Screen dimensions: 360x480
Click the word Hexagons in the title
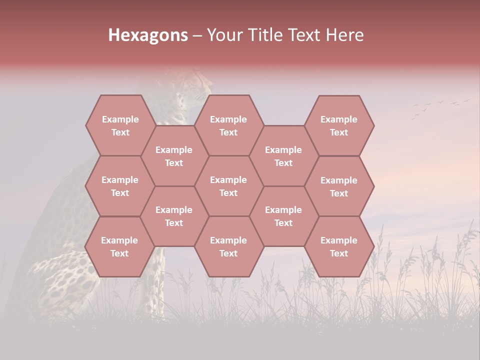pyautogui.click(x=148, y=35)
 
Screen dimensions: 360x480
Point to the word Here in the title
pyautogui.click(x=345, y=35)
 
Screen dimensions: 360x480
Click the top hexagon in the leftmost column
pyautogui.click(x=120, y=125)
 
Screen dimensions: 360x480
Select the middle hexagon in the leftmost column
pyautogui.click(x=120, y=186)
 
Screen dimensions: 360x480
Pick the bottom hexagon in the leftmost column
pyautogui.click(x=120, y=246)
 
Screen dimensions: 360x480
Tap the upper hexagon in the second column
pyautogui.click(x=174, y=156)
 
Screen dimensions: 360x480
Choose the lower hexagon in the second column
pyautogui.click(x=174, y=216)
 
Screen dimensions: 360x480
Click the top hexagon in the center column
pyautogui.click(x=228, y=125)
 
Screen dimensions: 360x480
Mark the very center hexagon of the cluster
pyautogui.click(x=228, y=186)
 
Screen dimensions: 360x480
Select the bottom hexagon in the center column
pyautogui.click(x=228, y=246)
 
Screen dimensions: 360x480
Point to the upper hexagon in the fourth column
pyautogui.click(x=283, y=156)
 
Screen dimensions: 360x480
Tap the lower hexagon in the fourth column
pyautogui.click(x=283, y=216)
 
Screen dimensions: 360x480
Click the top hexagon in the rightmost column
pyautogui.click(x=339, y=125)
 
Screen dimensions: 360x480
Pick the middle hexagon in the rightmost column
pyautogui.click(x=339, y=186)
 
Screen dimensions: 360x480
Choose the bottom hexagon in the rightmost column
pyautogui.click(x=339, y=246)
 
